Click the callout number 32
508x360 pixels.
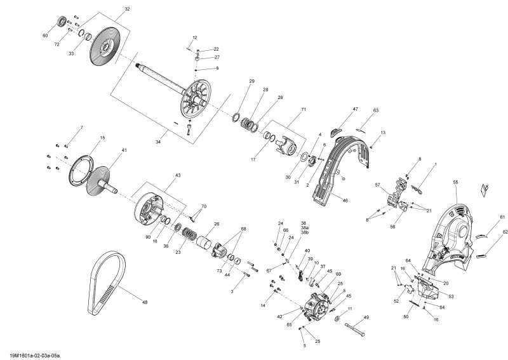(x=127, y=10)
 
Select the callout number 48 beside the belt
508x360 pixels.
(x=145, y=302)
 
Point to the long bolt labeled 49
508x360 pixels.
(x=356, y=329)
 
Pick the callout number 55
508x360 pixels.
(x=455, y=182)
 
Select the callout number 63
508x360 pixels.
(x=375, y=111)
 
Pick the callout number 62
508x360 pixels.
(x=505, y=232)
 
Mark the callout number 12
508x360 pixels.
(x=194, y=38)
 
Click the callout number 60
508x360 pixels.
(x=45, y=36)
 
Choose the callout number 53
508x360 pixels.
(x=451, y=297)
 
